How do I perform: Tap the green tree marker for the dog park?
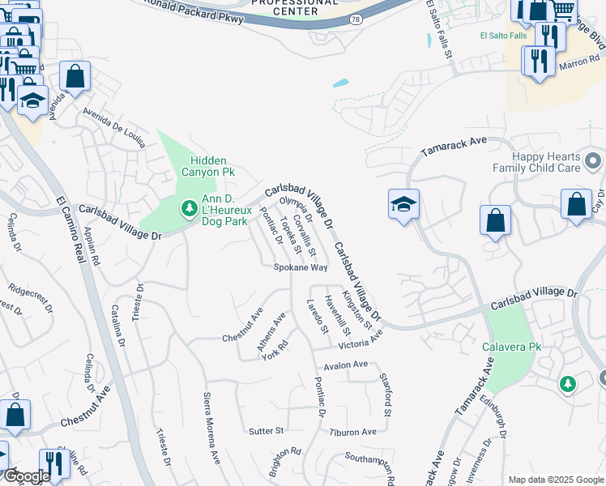(189, 209)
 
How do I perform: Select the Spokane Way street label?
(300, 266)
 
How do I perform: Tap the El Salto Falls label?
(503, 36)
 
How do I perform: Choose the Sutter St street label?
(266, 430)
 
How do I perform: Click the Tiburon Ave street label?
(352, 432)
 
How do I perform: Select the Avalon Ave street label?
(345, 365)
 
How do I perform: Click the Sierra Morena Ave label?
(211, 428)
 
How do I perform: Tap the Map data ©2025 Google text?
(555, 480)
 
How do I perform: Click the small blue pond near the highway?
(340, 83)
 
